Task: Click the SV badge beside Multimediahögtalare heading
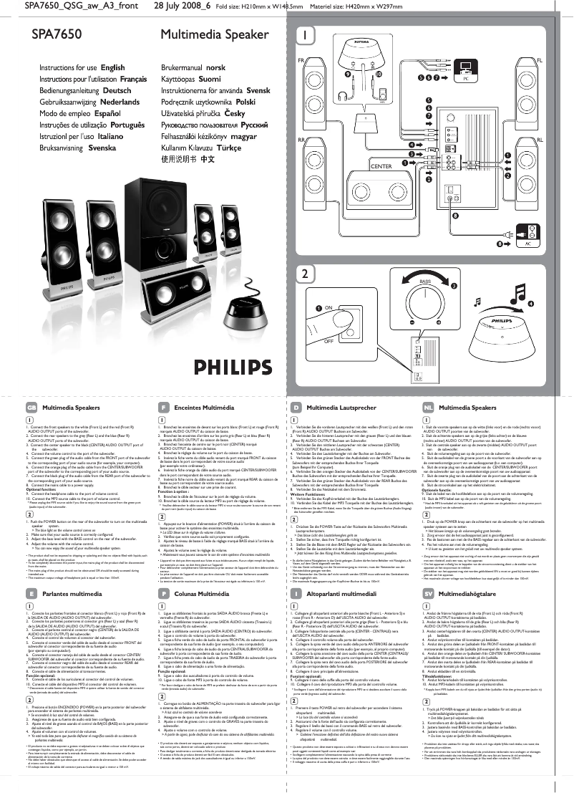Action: [x=427, y=593]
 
